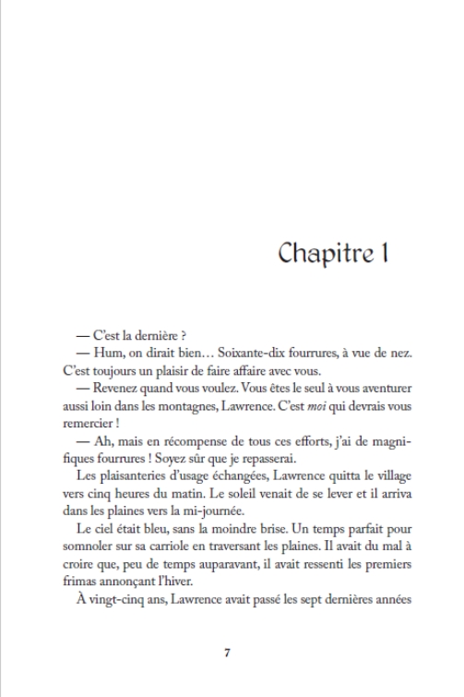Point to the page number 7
click(227, 653)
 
